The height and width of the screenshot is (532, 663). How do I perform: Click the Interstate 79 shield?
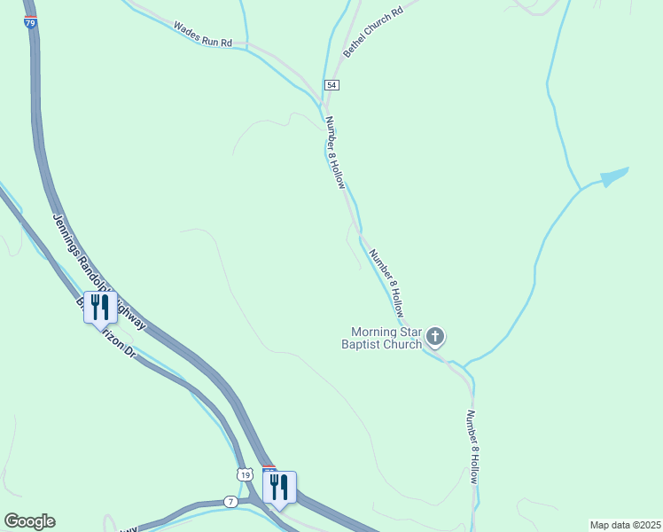[30, 21]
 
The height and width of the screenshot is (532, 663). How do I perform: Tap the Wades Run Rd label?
[203, 35]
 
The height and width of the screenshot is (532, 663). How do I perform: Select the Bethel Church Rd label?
[373, 34]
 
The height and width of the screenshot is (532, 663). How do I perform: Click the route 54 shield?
[331, 84]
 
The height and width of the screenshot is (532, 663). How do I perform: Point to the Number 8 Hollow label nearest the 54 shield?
[335, 152]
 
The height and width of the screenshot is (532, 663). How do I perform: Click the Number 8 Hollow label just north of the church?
[387, 283]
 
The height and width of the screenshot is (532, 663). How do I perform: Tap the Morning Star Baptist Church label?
[386, 338]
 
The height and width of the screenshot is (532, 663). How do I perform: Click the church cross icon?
[434, 336]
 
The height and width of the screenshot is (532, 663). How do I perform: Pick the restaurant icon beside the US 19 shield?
[279, 486]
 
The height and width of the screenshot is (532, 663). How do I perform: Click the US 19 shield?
[245, 474]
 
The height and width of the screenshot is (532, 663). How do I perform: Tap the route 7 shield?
[230, 502]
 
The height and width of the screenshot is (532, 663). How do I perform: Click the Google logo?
[29, 521]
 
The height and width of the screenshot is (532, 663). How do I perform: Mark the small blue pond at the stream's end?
[613, 177]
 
